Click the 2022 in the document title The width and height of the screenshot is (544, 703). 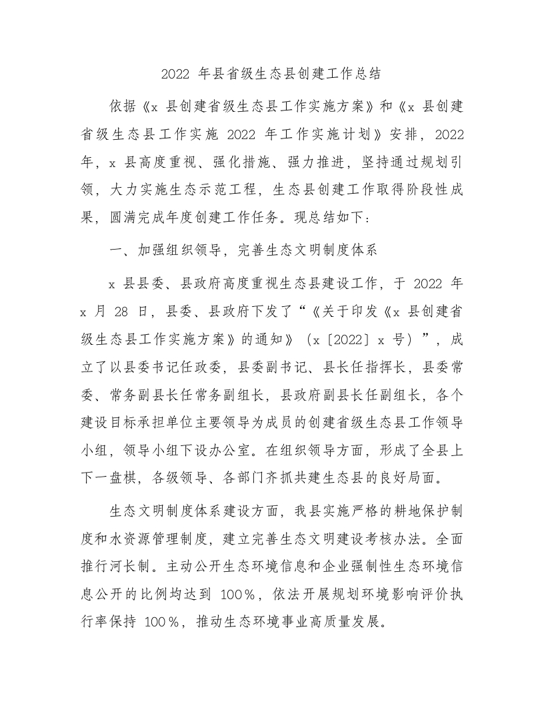click(176, 73)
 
